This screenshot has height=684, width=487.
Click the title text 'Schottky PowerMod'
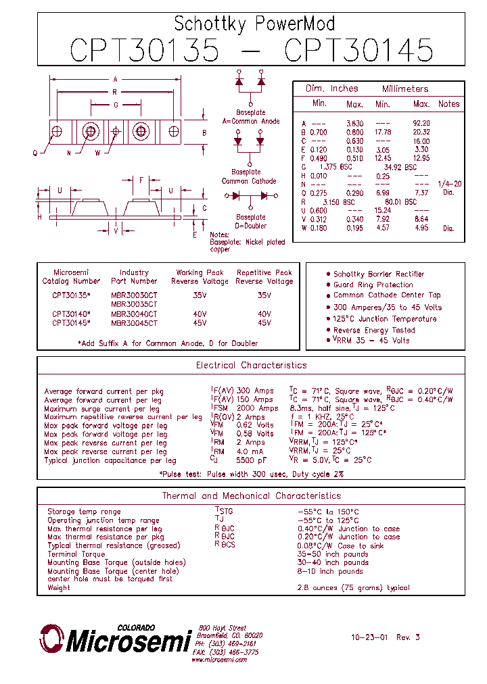[x=254, y=24]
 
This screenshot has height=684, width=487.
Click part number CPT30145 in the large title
[x=359, y=51]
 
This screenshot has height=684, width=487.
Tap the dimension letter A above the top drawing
[x=115, y=80]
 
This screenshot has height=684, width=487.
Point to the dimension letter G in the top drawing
[x=116, y=105]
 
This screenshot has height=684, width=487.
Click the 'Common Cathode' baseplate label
[x=249, y=181]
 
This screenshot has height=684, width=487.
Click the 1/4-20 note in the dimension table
[x=449, y=184]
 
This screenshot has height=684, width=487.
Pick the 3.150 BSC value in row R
[x=339, y=201]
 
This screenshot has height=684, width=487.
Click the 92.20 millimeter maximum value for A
[x=421, y=123]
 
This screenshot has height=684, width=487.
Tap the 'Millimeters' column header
[x=405, y=89]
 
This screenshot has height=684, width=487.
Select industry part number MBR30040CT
[x=134, y=314]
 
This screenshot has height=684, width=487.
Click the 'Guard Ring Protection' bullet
[x=373, y=285]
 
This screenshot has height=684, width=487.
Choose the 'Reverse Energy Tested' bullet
[x=374, y=330]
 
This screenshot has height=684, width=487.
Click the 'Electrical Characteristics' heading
[x=251, y=365]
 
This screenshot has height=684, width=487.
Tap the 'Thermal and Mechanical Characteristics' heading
[x=251, y=496]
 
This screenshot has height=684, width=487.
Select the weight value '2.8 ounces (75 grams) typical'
[x=353, y=588]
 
